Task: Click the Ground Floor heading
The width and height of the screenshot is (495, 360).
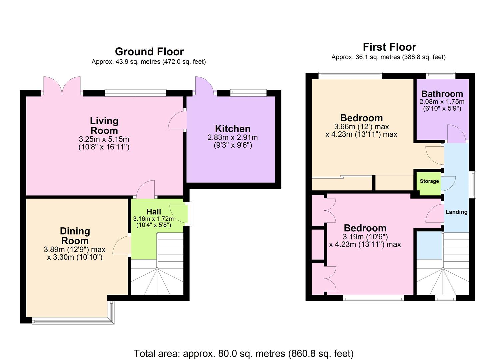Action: (149, 52)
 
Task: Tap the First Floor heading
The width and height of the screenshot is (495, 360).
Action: (389, 47)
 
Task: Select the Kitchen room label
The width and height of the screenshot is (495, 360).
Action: (232, 129)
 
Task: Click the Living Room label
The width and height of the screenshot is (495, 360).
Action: (104, 126)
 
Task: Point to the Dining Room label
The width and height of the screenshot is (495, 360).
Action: (75, 236)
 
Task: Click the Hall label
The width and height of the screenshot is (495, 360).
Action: (154, 212)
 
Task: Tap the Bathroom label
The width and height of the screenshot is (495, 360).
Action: (442, 94)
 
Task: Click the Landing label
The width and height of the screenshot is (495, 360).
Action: (456, 212)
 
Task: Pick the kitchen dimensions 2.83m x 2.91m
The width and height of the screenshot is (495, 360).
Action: (232, 138)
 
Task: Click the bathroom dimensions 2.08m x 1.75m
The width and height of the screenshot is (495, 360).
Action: (442, 102)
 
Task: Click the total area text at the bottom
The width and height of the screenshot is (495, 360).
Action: (244, 353)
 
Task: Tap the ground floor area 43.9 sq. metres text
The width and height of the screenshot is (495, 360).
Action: (149, 62)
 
